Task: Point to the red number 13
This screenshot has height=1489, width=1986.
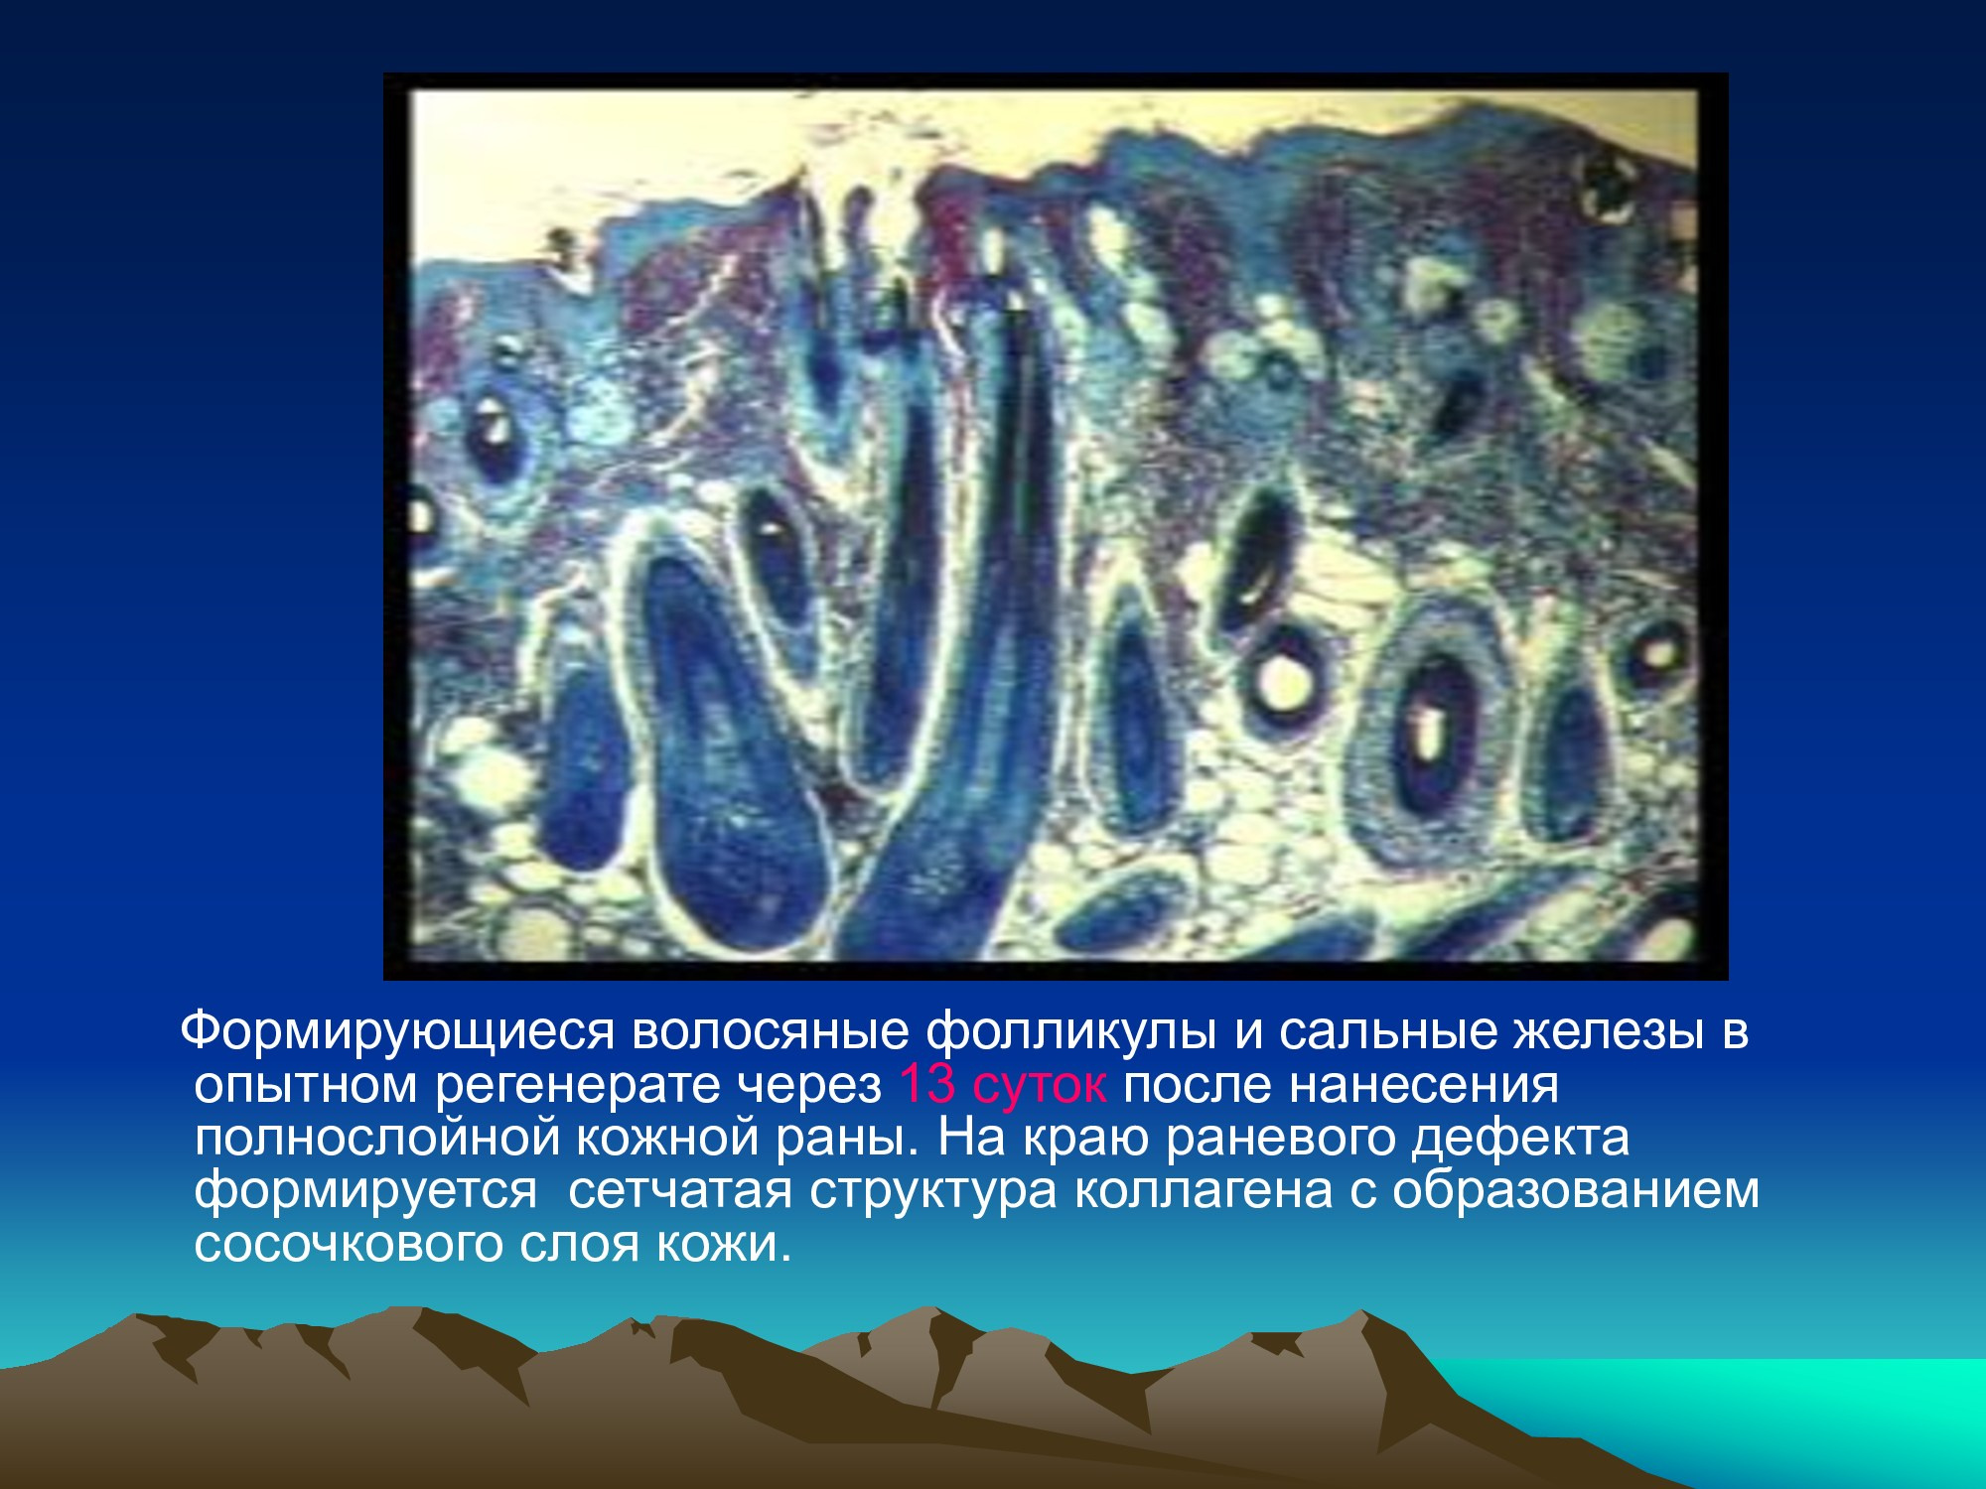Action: pyautogui.click(x=926, y=1085)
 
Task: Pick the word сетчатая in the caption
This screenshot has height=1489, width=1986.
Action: pyautogui.click(x=680, y=1192)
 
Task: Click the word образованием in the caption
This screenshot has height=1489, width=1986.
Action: pyautogui.click(x=1576, y=1192)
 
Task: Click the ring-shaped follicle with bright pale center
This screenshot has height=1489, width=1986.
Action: pyautogui.click(x=1287, y=676)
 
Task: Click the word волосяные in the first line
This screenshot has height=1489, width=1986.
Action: pyautogui.click(x=769, y=1032)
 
